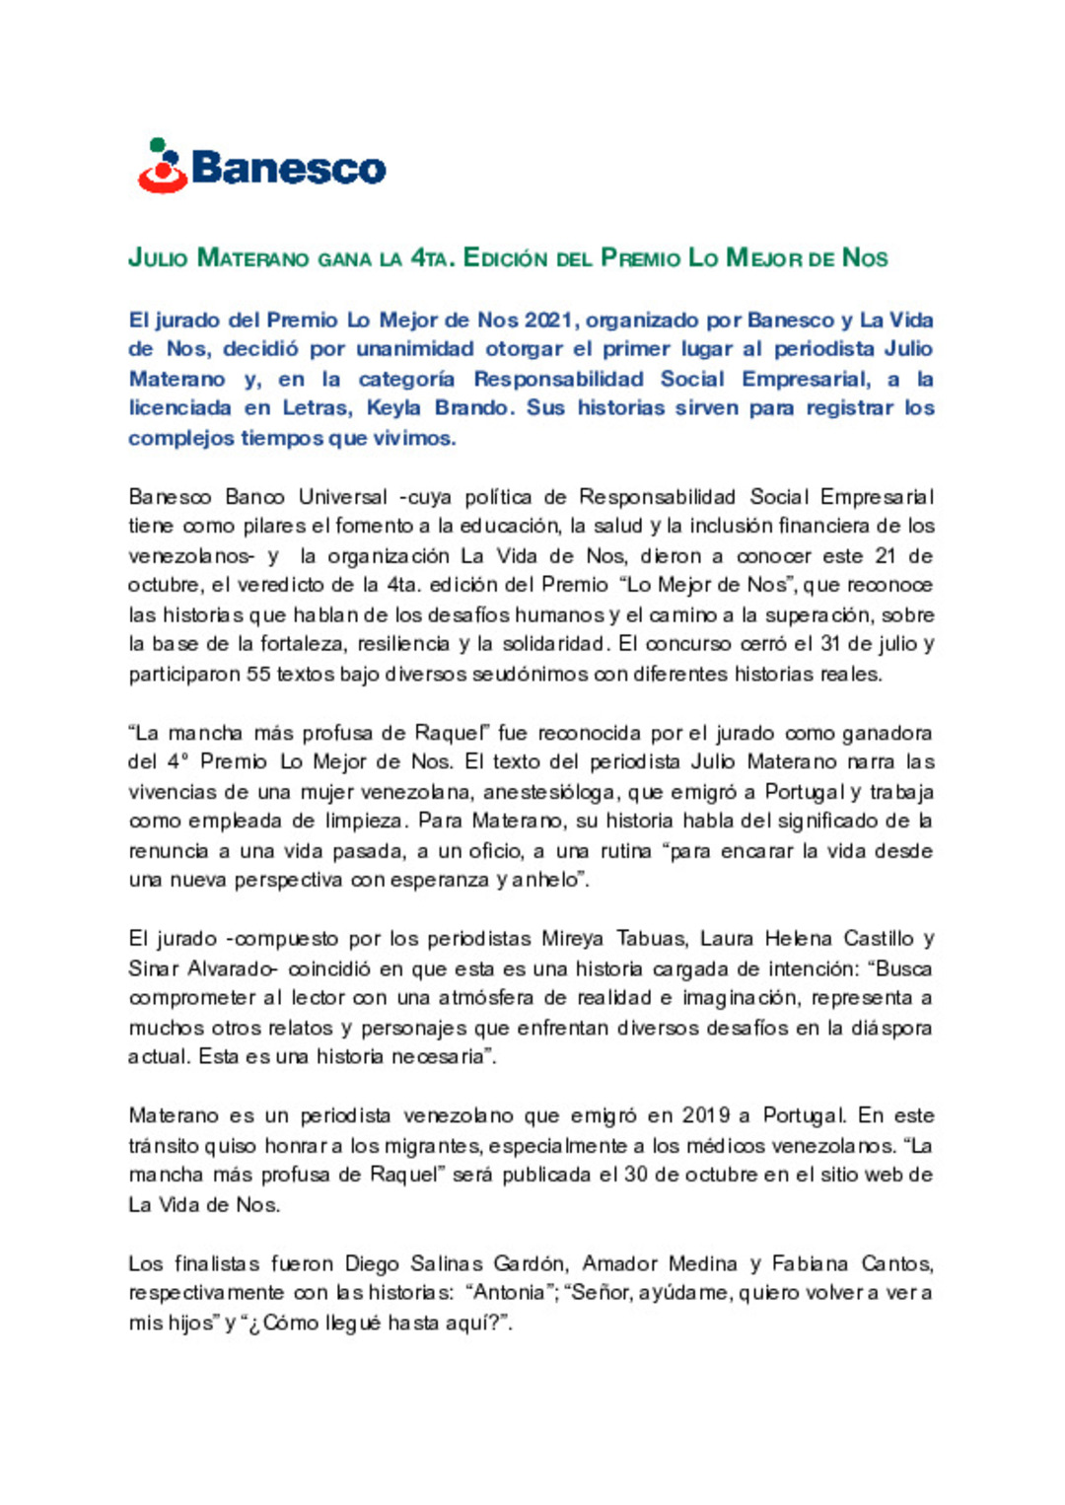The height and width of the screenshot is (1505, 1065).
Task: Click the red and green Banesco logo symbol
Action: [163, 166]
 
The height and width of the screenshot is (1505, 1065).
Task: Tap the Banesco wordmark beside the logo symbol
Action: [288, 168]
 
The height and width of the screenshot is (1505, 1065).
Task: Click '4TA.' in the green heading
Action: [433, 258]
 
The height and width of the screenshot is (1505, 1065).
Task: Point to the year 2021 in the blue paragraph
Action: [549, 321]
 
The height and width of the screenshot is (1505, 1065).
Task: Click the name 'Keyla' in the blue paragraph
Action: [393, 408]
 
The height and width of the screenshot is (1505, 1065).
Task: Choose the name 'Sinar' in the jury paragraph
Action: [153, 968]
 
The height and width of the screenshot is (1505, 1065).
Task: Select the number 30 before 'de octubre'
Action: [637, 1176]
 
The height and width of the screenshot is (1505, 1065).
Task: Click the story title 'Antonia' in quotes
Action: [509, 1293]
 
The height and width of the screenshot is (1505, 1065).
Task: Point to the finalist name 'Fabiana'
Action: [810, 1264]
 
